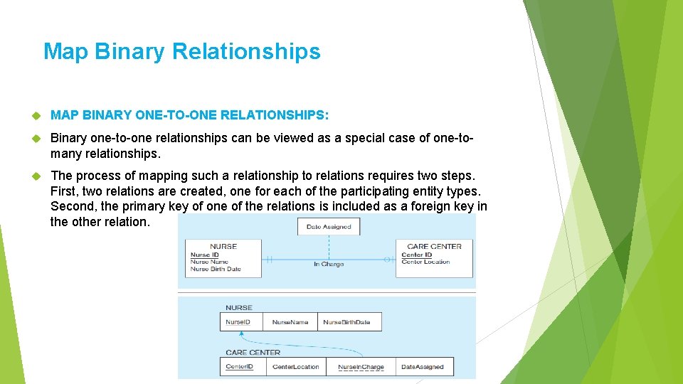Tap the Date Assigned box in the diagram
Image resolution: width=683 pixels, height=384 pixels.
pos(329,227)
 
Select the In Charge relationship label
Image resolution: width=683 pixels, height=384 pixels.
pos(329,265)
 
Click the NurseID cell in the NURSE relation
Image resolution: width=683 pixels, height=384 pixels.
pos(238,322)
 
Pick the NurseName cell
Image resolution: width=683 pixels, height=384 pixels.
pos(290,322)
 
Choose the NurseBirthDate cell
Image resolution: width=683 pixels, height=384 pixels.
pos(347,322)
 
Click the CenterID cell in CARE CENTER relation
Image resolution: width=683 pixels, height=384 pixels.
pos(240,367)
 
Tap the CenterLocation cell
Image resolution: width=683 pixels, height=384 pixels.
pos(297,367)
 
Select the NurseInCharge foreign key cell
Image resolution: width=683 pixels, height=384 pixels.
pos(361,367)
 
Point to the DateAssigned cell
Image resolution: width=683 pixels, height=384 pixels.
pos(423,367)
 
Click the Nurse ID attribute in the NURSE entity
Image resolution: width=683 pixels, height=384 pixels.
pos(205,255)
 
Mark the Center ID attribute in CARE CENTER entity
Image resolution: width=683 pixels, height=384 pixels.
pos(417,255)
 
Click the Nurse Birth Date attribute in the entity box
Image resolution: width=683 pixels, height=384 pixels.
pos(216,270)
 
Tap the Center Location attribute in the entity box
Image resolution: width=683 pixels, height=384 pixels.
pos(425,262)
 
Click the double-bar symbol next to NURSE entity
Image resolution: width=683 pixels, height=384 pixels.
pos(269,260)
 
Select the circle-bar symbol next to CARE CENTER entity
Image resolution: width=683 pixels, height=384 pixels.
pos(388,260)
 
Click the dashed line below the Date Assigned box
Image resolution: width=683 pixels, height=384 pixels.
pos(329,246)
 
